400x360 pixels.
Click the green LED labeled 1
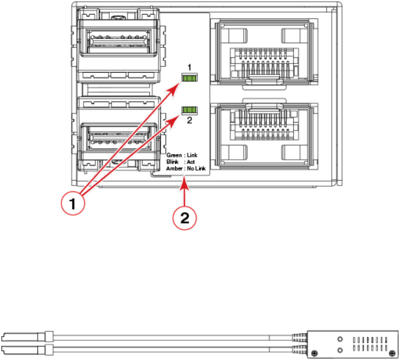(190, 77)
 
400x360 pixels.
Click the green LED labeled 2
(190, 110)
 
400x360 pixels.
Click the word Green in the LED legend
(174, 156)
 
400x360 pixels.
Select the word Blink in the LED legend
(173, 162)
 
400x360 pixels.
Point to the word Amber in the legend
(174, 168)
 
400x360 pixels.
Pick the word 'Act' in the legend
(191, 162)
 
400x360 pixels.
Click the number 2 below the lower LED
(190, 121)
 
